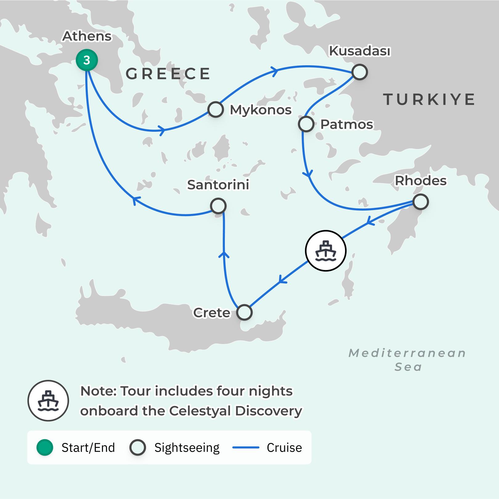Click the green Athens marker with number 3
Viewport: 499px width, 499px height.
click(87, 60)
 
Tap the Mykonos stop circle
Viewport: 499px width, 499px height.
click(216, 109)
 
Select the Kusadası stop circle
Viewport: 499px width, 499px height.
click(359, 72)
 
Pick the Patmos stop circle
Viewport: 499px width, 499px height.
click(306, 124)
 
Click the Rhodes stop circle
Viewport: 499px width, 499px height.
click(421, 202)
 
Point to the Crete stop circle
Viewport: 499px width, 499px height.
click(244, 312)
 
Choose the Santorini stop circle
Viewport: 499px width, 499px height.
click(218, 206)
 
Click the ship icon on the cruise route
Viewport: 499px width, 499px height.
click(326, 251)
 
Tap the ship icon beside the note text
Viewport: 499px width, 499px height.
click(48, 400)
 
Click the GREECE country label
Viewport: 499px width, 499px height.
click(168, 74)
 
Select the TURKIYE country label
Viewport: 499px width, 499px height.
click(429, 99)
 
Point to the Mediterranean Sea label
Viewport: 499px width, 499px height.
click(408, 360)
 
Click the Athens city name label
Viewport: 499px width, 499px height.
click(87, 36)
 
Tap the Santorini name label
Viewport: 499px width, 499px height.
click(218, 185)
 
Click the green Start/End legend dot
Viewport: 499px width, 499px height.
click(45, 447)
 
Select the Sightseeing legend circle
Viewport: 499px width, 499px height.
click(137, 447)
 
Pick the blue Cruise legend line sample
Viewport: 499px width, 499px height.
click(245, 447)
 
